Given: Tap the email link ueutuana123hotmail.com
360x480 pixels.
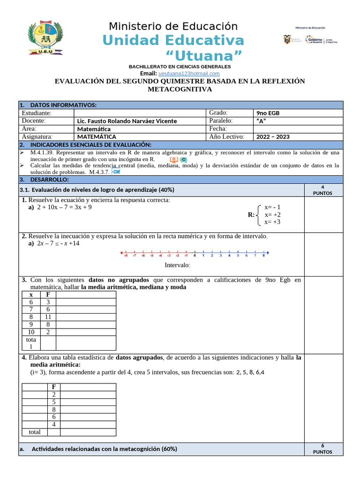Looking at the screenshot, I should (189, 74).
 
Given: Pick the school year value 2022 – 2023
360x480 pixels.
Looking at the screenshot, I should (273, 137).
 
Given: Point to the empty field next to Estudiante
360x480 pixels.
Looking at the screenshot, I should (140, 113).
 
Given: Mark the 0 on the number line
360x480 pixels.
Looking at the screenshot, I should (195, 255).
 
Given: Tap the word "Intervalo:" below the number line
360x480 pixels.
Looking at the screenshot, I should (178, 265).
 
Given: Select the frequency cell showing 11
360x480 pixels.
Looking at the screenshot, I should (48, 317).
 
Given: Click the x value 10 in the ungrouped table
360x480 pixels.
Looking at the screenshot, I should (31, 332).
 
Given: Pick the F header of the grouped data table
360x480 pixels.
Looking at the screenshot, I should (54, 387).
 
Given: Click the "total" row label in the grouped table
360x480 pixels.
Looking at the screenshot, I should (35, 432).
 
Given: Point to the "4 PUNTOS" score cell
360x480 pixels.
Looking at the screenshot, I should (323, 190).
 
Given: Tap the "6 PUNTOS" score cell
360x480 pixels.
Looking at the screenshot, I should (323, 449).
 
